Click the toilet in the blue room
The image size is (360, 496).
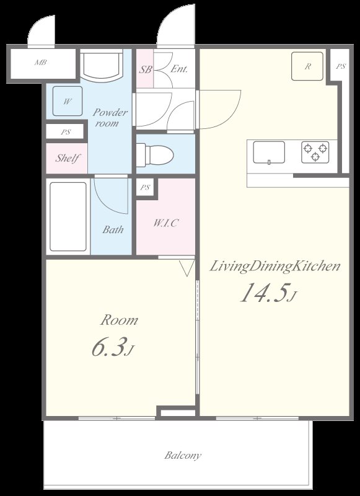click(x=155, y=155)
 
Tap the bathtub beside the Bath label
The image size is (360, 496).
click(x=68, y=216)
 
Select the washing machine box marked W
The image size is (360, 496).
click(x=68, y=101)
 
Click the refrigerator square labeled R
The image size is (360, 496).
click(x=307, y=66)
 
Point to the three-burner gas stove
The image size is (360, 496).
click(x=315, y=152)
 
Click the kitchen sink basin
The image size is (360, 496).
click(x=269, y=153)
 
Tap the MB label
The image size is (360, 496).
click(x=40, y=63)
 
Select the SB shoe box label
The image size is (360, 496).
click(x=146, y=69)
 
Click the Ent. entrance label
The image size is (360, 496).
click(x=179, y=69)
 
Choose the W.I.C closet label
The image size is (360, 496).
click(x=165, y=223)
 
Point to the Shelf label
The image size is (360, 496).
click(x=67, y=158)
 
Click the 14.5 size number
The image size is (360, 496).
click(x=265, y=293)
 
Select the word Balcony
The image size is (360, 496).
click(x=183, y=456)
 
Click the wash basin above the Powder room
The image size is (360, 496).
click(x=101, y=66)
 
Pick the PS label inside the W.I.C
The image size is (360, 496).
click(x=145, y=188)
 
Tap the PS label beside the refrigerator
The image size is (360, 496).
click(x=341, y=66)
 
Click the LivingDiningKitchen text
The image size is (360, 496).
click(x=275, y=267)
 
